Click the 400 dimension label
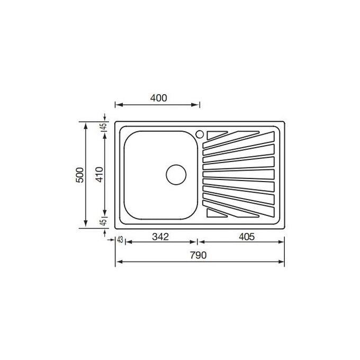click(x=159, y=98)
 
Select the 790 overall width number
click(x=198, y=255)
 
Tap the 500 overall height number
click(x=80, y=175)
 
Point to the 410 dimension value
click(x=100, y=175)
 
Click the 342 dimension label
click(x=160, y=237)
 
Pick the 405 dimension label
click(x=247, y=237)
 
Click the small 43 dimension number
click(x=120, y=240)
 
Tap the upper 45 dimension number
click(x=104, y=126)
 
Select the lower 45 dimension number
click(x=104, y=222)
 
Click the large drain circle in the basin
click(x=176, y=175)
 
